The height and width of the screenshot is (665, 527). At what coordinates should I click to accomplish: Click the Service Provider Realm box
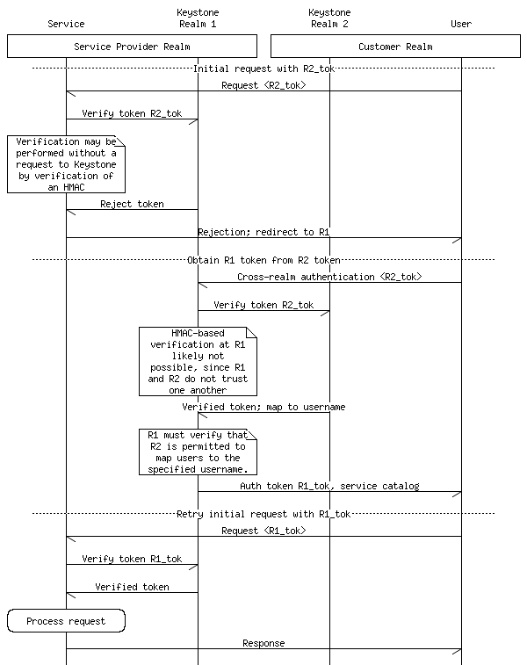coord(132,46)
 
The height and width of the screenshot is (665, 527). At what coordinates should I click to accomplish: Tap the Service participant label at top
coord(66,24)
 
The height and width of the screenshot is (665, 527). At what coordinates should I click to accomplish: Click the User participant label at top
coord(461,24)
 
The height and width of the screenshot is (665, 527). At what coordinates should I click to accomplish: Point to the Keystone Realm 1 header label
coord(198,18)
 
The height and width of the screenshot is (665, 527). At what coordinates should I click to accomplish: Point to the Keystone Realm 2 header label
coord(329,18)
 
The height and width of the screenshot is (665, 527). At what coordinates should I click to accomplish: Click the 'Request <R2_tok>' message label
coord(263,86)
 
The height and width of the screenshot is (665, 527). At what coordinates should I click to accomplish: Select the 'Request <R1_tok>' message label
coord(263,531)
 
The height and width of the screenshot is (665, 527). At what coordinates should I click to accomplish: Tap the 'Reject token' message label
coord(132,204)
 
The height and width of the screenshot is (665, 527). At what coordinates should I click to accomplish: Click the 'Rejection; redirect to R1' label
coord(263,232)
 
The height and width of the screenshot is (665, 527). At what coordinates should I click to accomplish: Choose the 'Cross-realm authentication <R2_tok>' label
coord(329,277)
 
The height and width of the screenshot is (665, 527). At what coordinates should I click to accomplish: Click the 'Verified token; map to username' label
coord(263,407)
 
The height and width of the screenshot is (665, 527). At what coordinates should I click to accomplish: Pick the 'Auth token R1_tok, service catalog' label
coord(329,486)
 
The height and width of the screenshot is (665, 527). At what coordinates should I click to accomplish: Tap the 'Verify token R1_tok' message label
coord(132,559)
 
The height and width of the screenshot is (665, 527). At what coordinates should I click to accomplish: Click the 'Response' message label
coord(263,643)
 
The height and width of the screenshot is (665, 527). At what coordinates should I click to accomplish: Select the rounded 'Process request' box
coord(66,621)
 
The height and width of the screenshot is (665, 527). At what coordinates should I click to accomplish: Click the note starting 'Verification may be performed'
coord(66,164)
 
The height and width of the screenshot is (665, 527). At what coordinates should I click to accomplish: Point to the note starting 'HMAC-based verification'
coord(198,361)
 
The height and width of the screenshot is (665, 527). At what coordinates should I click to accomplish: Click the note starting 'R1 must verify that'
coord(198,452)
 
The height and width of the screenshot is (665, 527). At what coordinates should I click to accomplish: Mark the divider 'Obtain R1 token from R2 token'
coord(263,260)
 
